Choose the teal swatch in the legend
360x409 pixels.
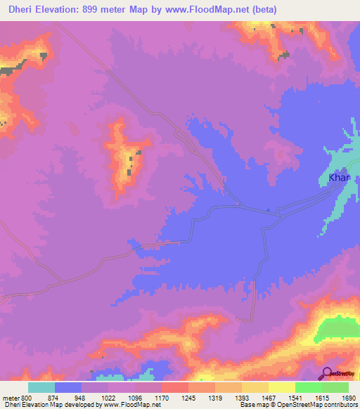tap(41, 387)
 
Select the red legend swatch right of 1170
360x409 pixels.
tap(175, 387)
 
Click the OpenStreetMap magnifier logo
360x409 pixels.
tap(328, 374)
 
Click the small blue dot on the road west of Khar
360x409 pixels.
tap(269, 209)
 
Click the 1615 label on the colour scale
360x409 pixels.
tap(322, 397)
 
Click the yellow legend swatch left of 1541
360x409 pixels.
tap(282, 387)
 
